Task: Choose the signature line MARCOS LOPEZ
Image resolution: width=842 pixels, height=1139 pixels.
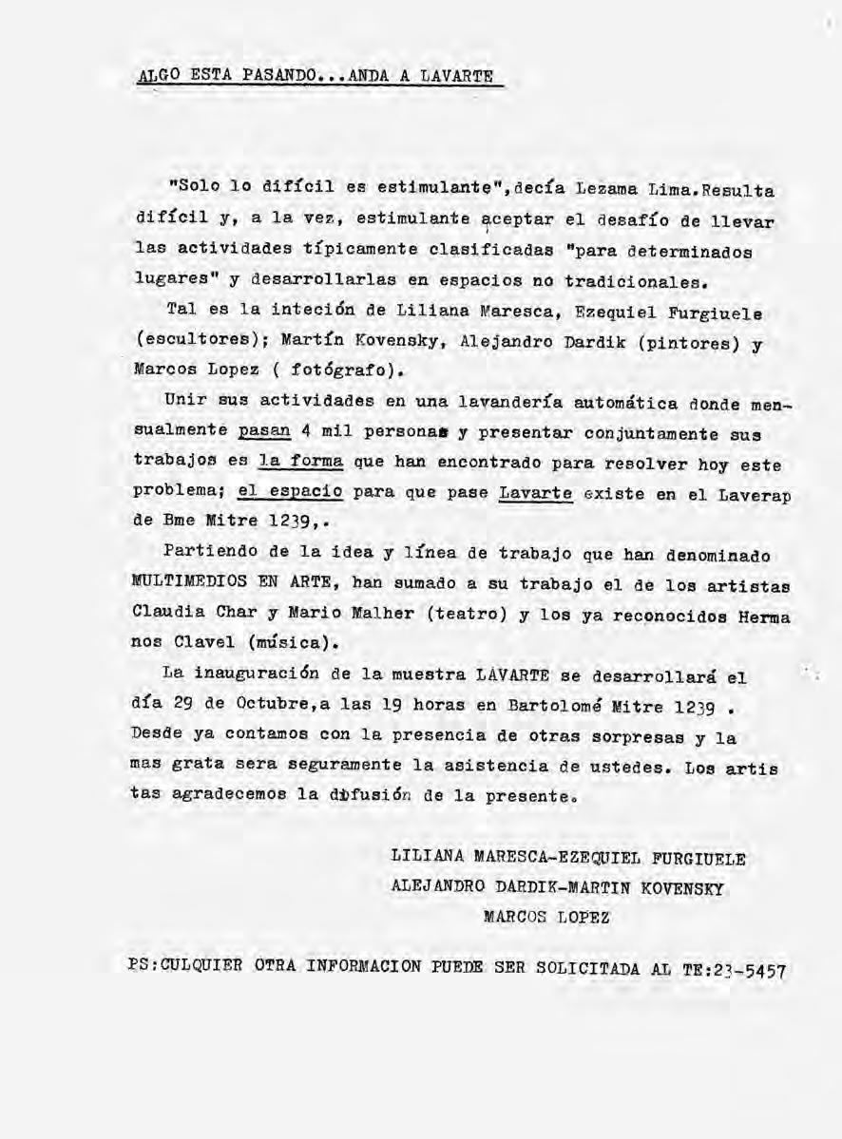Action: [546, 918]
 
